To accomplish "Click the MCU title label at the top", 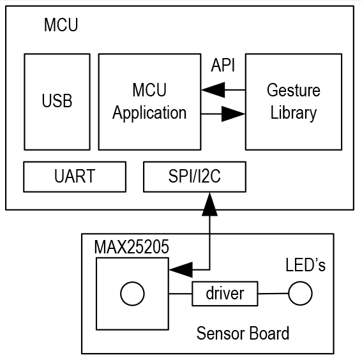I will coord(61,26).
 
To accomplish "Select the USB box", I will coord(57,101).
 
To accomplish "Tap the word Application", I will coord(149,114).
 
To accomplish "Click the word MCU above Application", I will coord(149,91).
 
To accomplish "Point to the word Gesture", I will coord(293,91).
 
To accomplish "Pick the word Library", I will coord(293,114).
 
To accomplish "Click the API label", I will coord(223,66).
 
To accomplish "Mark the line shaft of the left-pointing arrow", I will coord(235,91).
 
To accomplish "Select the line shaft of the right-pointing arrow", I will coord(211,114).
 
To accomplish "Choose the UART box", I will coord(75,177).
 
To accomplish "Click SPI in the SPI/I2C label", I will coord(180,177).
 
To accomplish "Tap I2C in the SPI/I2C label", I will coord(209,177).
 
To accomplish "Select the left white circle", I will coord(132,294).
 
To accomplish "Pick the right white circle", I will coord(300,294).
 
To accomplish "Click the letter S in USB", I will coord(57,101).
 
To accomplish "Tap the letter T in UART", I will coord(91,177).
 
